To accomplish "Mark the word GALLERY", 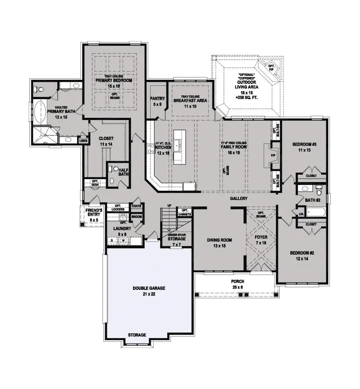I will (239, 199).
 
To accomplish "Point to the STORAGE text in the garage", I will (137, 335).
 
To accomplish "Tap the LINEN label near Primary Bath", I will (84, 140).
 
